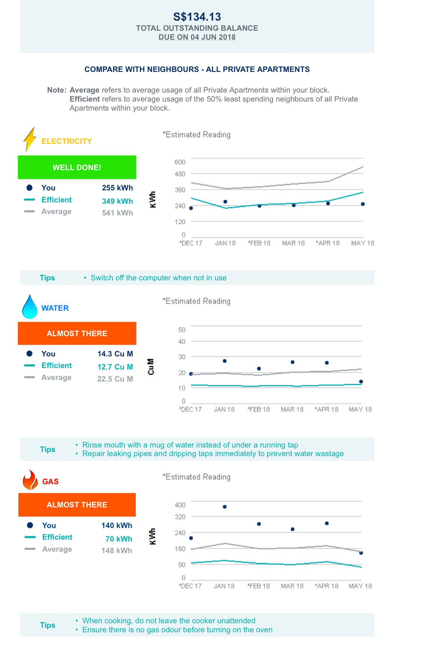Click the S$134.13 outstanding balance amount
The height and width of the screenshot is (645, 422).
pyautogui.click(x=197, y=17)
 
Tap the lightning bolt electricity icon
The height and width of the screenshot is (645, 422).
pyautogui.click(x=30, y=139)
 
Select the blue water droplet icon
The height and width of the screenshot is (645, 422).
pyautogui.click(x=30, y=307)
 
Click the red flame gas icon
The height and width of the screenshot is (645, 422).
pyautogui.click(x=30, y=480)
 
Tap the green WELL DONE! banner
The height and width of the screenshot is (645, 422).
pyautogui.click(x=77, y=168)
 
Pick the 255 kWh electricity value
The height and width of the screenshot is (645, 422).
pyautogui.click(x=117, y=188)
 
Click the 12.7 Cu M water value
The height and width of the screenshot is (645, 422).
pyautogui.click(x=115, y=367)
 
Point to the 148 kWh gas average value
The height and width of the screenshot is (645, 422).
pyautogui.click(x=117, y=551)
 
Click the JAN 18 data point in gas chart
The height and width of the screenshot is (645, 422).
pyautogui.click(x=225, y=507)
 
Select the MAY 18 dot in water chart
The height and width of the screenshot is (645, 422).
pyautogui.click(x=361, y=382)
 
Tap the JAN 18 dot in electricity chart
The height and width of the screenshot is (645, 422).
pyautogui.click(x=225, y=202)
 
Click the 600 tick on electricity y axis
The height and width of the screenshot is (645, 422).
pyautogui.click(x=180, y=162)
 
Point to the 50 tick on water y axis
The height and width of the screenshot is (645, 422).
pyautogui.click(x=182, y=330)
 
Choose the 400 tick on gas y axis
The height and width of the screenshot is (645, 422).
pyautogui.click(x=180, y=505)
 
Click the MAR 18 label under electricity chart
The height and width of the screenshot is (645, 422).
pyautogui.click(x=293, y=243)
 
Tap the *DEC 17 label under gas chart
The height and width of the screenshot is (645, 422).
pyautogui.click(x=190, y=586)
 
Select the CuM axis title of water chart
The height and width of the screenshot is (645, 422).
pyautogui.click(x=151, y=367)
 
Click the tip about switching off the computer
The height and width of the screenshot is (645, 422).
pyautogui.click(x=158, y=278)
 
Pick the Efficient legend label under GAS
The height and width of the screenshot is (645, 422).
pyautogui.click(x=57, y=537)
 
